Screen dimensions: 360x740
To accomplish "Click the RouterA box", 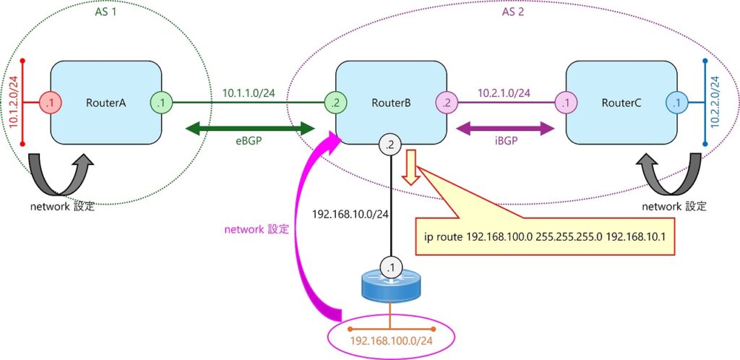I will coord(106,103).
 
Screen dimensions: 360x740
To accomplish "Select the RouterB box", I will coord(391,103).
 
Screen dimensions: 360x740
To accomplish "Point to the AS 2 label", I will coord(513,12).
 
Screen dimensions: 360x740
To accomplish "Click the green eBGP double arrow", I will coord(250,129).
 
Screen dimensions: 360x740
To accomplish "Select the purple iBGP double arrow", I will coord(507,129).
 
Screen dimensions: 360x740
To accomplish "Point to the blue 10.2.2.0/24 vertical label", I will coord(715,103).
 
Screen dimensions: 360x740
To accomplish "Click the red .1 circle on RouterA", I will coord(49,103).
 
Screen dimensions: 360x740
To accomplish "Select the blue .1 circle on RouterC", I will coord(676,103).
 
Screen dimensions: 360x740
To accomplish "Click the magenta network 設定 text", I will coord(256,229).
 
